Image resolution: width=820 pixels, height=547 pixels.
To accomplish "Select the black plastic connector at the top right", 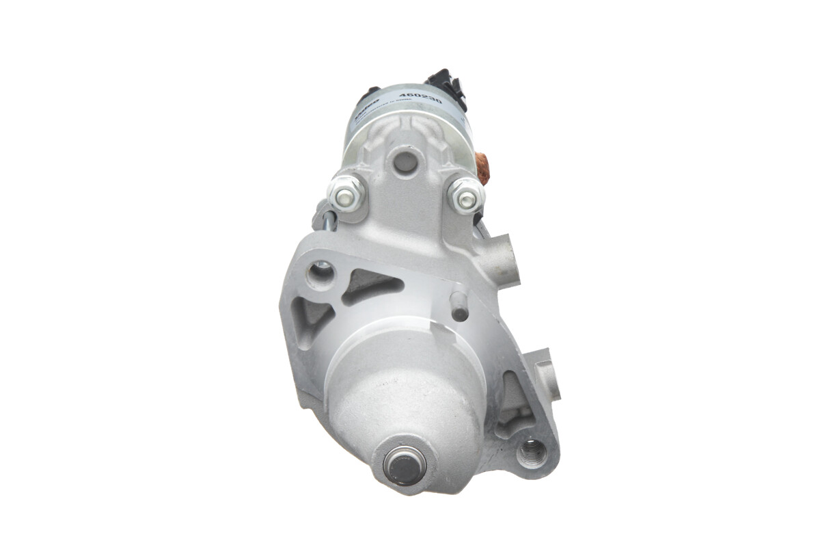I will [x=449, y=87].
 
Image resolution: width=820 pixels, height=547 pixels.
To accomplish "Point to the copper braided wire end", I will [x=483, y=168].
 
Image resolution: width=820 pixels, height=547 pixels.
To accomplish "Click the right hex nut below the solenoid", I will [x=467, y=197].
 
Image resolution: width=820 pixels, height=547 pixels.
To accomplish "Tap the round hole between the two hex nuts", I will [x=405, y=162].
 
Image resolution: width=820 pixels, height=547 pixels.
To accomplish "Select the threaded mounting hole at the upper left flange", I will [x=320, y=274].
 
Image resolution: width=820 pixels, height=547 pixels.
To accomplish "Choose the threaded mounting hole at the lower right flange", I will [x=531, y=452].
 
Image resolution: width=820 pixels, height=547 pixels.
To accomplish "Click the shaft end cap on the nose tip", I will [x=405, y=465].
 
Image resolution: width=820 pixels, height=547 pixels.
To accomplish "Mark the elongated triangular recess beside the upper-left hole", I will [x=370, y=284].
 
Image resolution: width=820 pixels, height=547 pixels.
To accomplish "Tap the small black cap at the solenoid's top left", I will [x=370, y=92].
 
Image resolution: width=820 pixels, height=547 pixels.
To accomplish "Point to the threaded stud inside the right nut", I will [x=467, y=199].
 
